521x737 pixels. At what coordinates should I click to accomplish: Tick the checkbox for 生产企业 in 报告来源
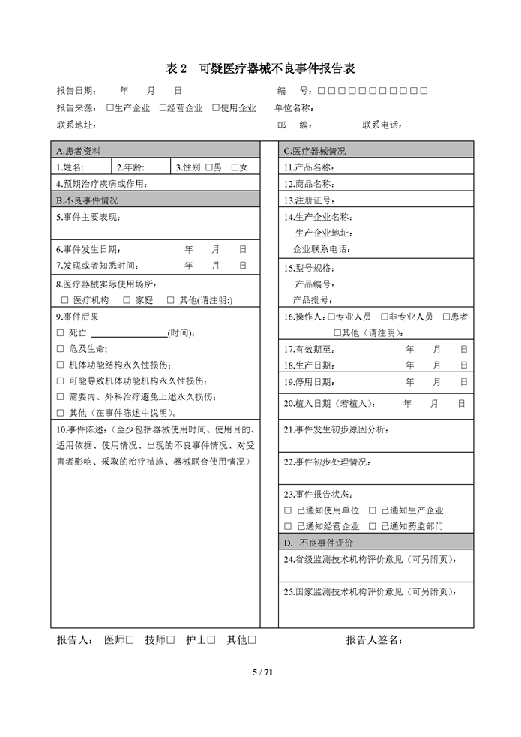click(110, 108)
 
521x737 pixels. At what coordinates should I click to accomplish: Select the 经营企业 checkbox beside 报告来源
click(163, 108)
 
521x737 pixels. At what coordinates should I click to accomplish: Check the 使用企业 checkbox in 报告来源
click(216, 108)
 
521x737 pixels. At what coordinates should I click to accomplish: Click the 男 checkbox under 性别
click(209, 167)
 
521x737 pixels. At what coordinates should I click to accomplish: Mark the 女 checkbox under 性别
click(235, 167)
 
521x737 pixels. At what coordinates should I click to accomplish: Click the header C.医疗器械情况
click(314, 150)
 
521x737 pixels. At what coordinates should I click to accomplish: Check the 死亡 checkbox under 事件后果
click(61, 332)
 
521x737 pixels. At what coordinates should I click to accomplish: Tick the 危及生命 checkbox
click(61, 349)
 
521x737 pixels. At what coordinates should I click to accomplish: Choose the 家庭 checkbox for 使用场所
click(128, 299)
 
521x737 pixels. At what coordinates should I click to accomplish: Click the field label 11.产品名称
click(308, 167)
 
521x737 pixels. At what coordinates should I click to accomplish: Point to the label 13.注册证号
click(308, 200)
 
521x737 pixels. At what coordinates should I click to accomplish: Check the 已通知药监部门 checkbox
click(373, 526)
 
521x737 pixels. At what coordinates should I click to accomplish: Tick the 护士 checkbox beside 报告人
click(211, 640)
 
